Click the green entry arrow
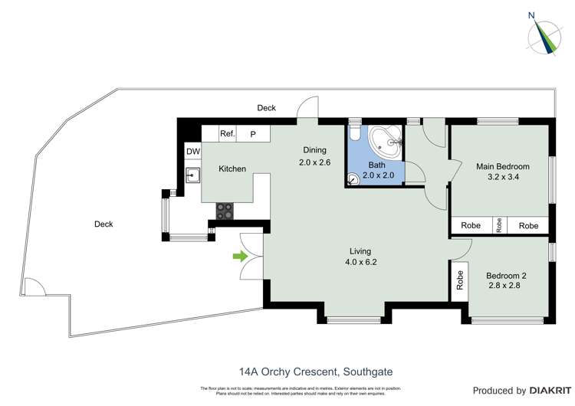click(x=241, y=257)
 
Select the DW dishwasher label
click(x=192, y=152)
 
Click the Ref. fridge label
click(x=228, y=133)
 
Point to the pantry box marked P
click(x=253, y=134)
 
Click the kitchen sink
click(x=192, y=176)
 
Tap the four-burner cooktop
click(x=225, y=211)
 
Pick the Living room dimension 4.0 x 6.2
click(x=360, y=262)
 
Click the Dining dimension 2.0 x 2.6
click(x=315, y=162)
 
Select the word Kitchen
click(x=232, y=169)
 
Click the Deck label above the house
click(x=266, y=108)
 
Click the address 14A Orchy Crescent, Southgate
click(x=304, y=372)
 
